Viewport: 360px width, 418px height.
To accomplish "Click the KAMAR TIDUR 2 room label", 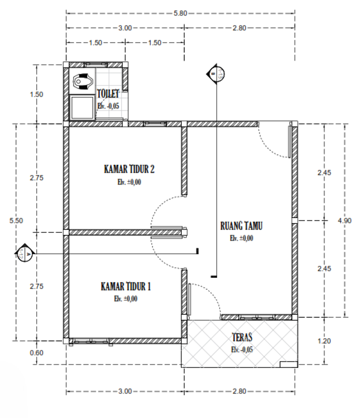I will [x=129, y=169].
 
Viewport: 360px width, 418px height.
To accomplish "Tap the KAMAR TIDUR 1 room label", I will [x=126, y=286].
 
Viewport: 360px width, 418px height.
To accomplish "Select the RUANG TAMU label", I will [x=241, y=226].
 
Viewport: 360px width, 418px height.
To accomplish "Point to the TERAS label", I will [x=242, y=337].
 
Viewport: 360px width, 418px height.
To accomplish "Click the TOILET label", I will [x=108, y=94].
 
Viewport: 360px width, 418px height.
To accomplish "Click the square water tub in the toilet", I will [x=82, y=107].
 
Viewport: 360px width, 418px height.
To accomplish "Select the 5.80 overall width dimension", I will [x=180, y=13].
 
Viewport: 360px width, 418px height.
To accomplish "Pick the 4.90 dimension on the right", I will [x=344, y=221].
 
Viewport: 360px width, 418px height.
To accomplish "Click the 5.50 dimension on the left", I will [x=16, y=221].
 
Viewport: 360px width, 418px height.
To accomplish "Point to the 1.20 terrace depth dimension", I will [x=324, y=341].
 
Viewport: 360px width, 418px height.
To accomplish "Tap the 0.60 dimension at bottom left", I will [x=37, y=353].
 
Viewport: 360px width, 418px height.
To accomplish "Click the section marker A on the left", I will [x=25, y=253].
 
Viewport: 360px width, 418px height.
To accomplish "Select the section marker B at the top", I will [x=216, y=74].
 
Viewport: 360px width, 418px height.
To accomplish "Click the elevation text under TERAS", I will [x=242, y=350].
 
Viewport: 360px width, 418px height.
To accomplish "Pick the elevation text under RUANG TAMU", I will [x=241, y=238].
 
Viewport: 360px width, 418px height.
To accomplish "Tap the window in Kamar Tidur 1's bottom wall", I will [x=91, y=341].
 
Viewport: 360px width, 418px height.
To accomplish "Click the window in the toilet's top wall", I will [x=96, y=64].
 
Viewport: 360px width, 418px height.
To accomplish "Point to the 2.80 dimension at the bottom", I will [x=239, y=391].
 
